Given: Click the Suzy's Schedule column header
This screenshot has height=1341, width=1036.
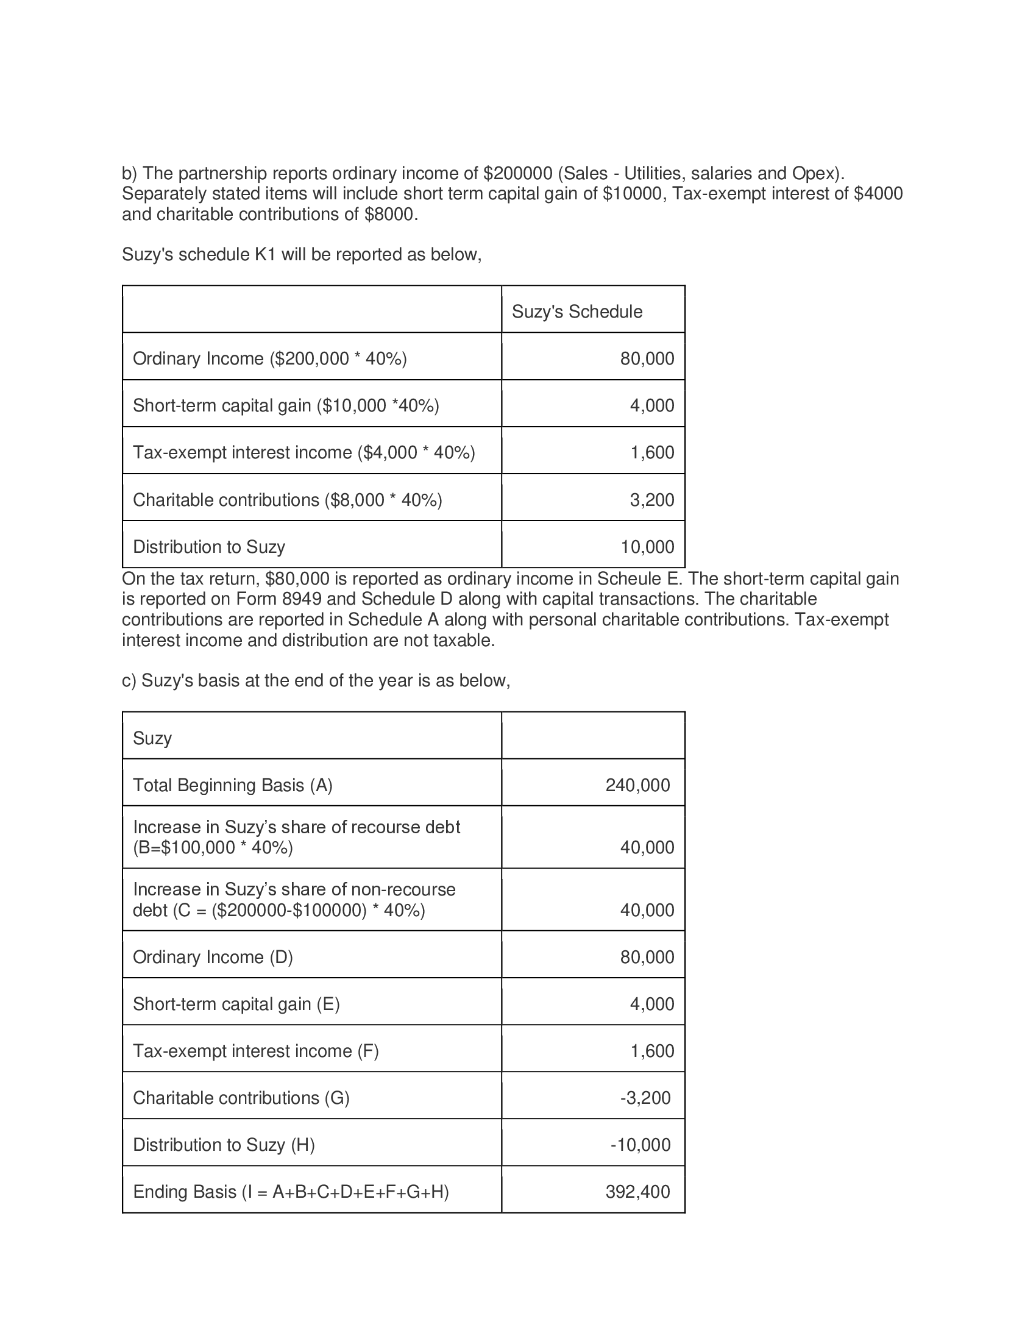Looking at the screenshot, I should (x=577, y=311).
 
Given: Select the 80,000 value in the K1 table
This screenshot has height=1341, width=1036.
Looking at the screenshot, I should (x=647, y=358).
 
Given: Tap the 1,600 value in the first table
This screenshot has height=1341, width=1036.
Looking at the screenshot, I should (x=652, y=452).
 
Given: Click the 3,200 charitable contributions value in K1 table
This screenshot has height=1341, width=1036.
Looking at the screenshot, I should (x=652, y=500).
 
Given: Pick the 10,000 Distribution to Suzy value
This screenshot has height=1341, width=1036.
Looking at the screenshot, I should (x=647, y=547).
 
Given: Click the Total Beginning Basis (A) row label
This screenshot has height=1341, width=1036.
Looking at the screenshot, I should (x=233, y=785).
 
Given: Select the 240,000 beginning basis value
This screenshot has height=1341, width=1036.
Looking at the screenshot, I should (x=637, y=785).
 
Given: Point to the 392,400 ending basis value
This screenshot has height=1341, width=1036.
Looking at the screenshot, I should (x=637, y=1192).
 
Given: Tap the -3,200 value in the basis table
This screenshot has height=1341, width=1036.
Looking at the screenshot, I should (x=645, y=1098).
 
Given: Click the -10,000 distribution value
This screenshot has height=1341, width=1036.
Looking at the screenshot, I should (x=640, y=1145).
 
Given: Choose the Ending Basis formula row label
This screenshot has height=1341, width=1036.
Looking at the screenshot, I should (x=291, y=1192).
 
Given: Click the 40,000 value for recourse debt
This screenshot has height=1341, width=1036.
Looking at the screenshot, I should (x=647, y=847).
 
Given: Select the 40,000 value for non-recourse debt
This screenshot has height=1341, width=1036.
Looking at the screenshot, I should (x=647, y=910).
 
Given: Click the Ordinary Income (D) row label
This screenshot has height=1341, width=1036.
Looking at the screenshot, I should (x=213, y=957).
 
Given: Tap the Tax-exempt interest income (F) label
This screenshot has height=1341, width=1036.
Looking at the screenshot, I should (x=256, y=1051).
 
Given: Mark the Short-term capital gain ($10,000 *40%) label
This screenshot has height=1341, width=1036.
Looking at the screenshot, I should (x=286, y=406).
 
